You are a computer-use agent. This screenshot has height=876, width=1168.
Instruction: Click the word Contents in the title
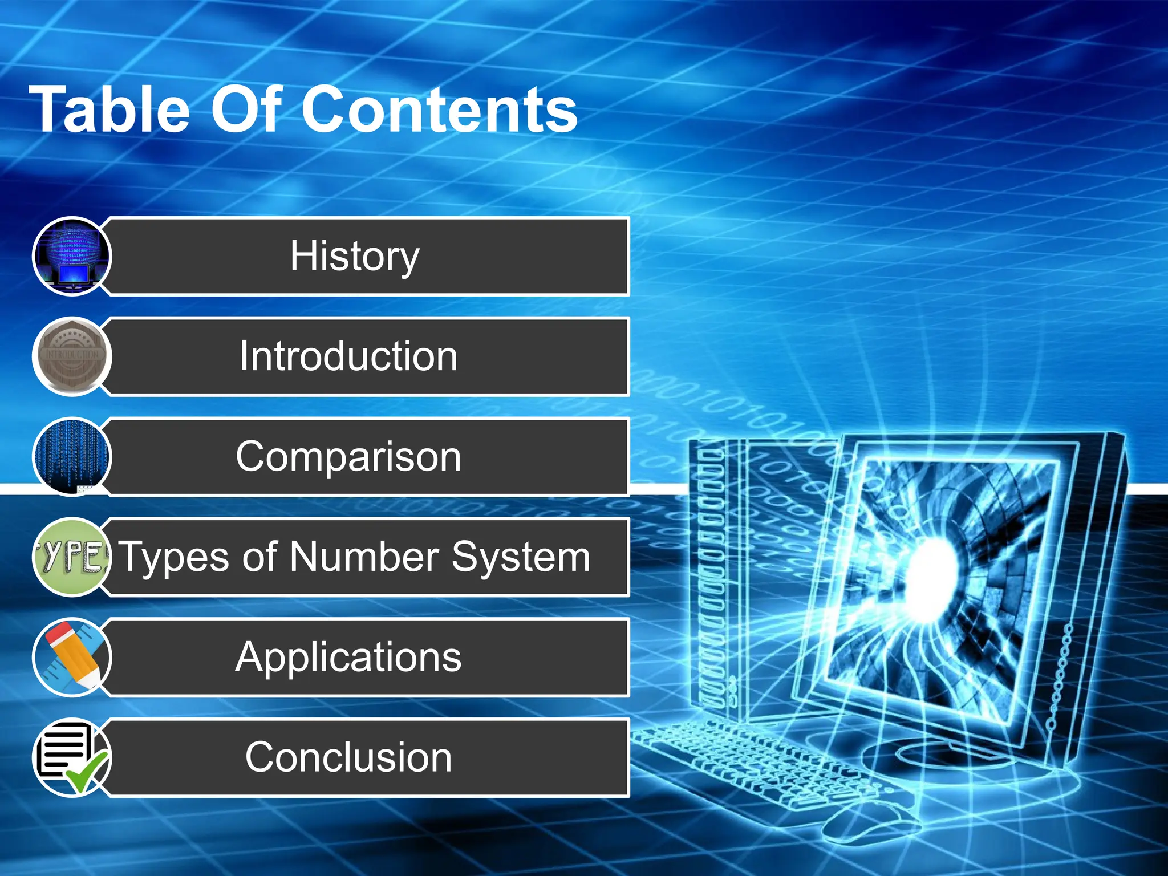439,109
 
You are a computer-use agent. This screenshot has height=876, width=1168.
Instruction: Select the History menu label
354,256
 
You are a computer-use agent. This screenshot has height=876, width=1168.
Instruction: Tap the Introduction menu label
348,356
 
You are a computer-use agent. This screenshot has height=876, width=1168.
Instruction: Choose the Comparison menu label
348,457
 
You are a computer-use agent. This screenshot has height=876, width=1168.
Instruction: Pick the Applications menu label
348,658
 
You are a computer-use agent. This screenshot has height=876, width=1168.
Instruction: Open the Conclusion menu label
348,757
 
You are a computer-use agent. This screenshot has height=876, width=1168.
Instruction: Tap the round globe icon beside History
72,256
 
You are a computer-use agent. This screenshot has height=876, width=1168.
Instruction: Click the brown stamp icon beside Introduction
72,356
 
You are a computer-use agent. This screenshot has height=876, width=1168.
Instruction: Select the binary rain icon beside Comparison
72,457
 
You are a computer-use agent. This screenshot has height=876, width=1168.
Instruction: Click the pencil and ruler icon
72,658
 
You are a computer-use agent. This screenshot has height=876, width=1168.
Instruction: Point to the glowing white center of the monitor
932,576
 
